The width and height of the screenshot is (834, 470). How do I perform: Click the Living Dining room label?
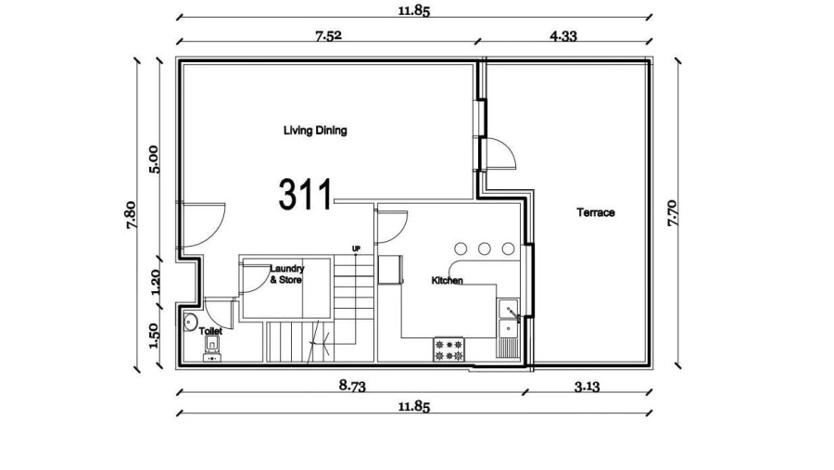tap(315, 131)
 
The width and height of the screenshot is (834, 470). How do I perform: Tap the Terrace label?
tap(596, 212)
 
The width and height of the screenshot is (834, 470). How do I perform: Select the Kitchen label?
tap(448, 280)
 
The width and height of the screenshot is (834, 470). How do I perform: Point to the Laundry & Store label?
tap(286, 273)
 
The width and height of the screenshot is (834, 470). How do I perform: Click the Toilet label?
tap(210, 330)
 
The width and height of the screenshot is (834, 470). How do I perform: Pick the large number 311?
tap(305, 195)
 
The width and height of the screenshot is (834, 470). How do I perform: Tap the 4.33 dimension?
tap(563, 36)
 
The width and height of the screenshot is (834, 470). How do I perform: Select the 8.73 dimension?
tap(351, 387)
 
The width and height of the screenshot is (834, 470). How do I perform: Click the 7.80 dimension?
tap(132, 215)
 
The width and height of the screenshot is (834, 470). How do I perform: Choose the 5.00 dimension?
tap(155, 159)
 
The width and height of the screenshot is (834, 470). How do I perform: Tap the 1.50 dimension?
tap(155, 331)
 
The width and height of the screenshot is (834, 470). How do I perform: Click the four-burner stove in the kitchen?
tap(449, 349)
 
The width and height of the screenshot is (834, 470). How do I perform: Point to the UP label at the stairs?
tap(356, 248)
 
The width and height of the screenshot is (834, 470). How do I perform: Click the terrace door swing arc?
tap(500, 154)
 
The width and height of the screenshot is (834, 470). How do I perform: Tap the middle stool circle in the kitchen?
tap(484, 248)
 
